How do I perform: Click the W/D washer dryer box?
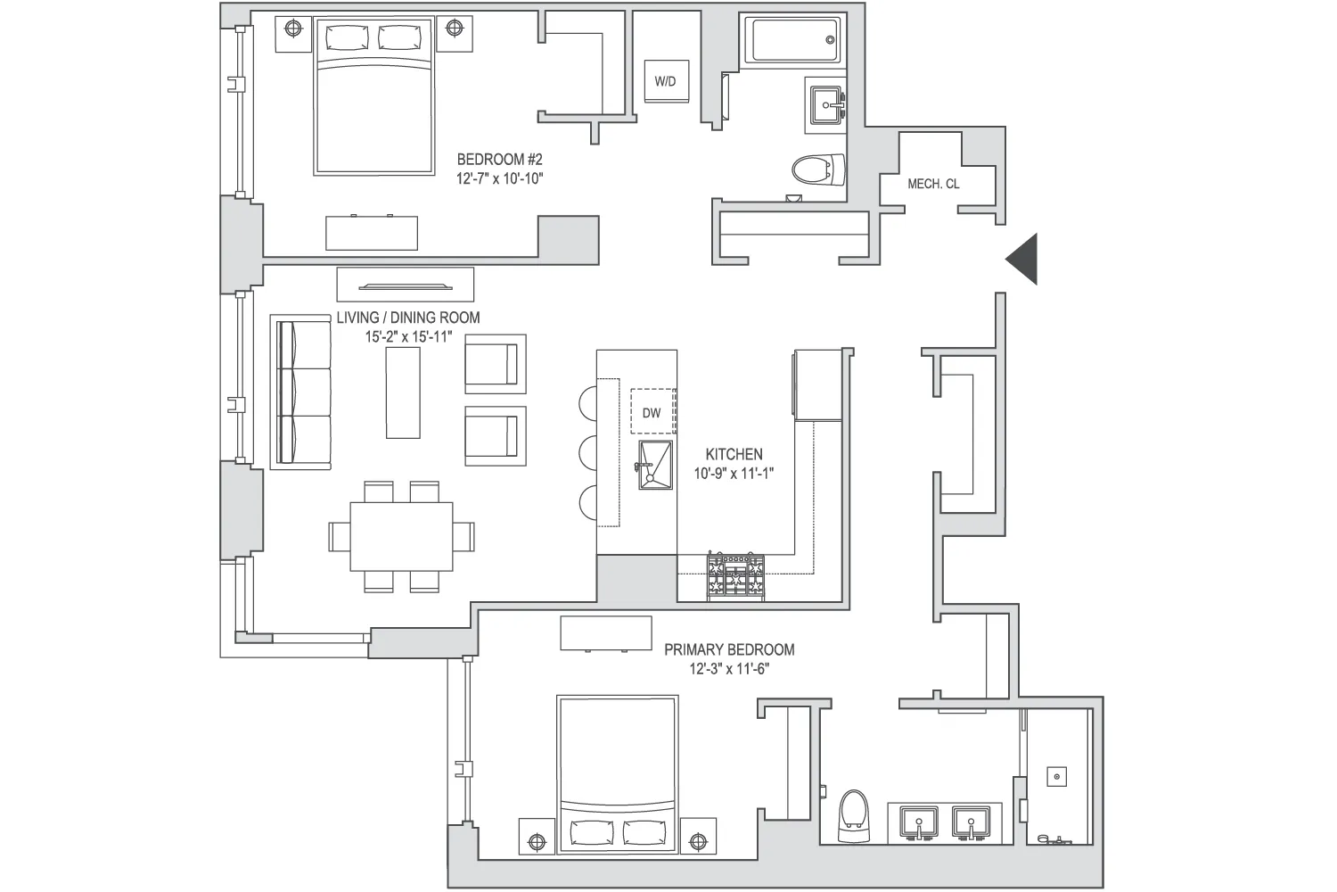pyautogui.click(x=665, y=81)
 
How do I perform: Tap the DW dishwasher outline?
pyautogui.click(x=652, y=413)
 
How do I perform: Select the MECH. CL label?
pyautogui.click(x=933, y=184)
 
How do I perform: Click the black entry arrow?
pyautogui.click(x=1024, y=259)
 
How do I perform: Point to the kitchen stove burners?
pyautogui.click(x=736, y=575)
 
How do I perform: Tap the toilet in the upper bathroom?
pyautogui.click(x=818, y=169)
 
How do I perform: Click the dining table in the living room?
pyautogui.click(x=401, y=536)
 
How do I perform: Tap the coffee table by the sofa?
pyautogui.click(x=403, y=392)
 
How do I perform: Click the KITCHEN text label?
pyautogui.click(x=734, y=454)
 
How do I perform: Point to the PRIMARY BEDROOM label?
pyautogui.click(x=729, y=649)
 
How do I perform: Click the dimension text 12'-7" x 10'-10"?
pyautogui.click(x=499, y=178)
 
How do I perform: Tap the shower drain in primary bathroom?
pyautogui.click(x=1057, y=777)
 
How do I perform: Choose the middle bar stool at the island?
pyautogui.click(x=588, y=451)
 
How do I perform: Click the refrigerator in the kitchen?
pyautogui.click(x=816, y=384)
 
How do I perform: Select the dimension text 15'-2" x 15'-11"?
pyautogui.click(x=408, y=336)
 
